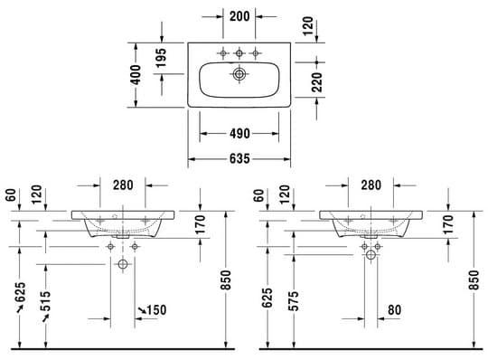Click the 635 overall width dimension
click(x=239, y=159)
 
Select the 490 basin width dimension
click(x=239, y=134)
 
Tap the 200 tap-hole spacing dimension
click(x=239, y=16)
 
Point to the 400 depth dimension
click(x=136, y=75)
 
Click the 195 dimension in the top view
click(x=161, y=58)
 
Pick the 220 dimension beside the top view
click(x=317, y=82)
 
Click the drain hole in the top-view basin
click(x=239, y=74)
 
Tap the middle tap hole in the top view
click(x=239, y=53)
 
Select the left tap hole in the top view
click(x=223, y=53)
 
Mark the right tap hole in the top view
click(x=256, y=53)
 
